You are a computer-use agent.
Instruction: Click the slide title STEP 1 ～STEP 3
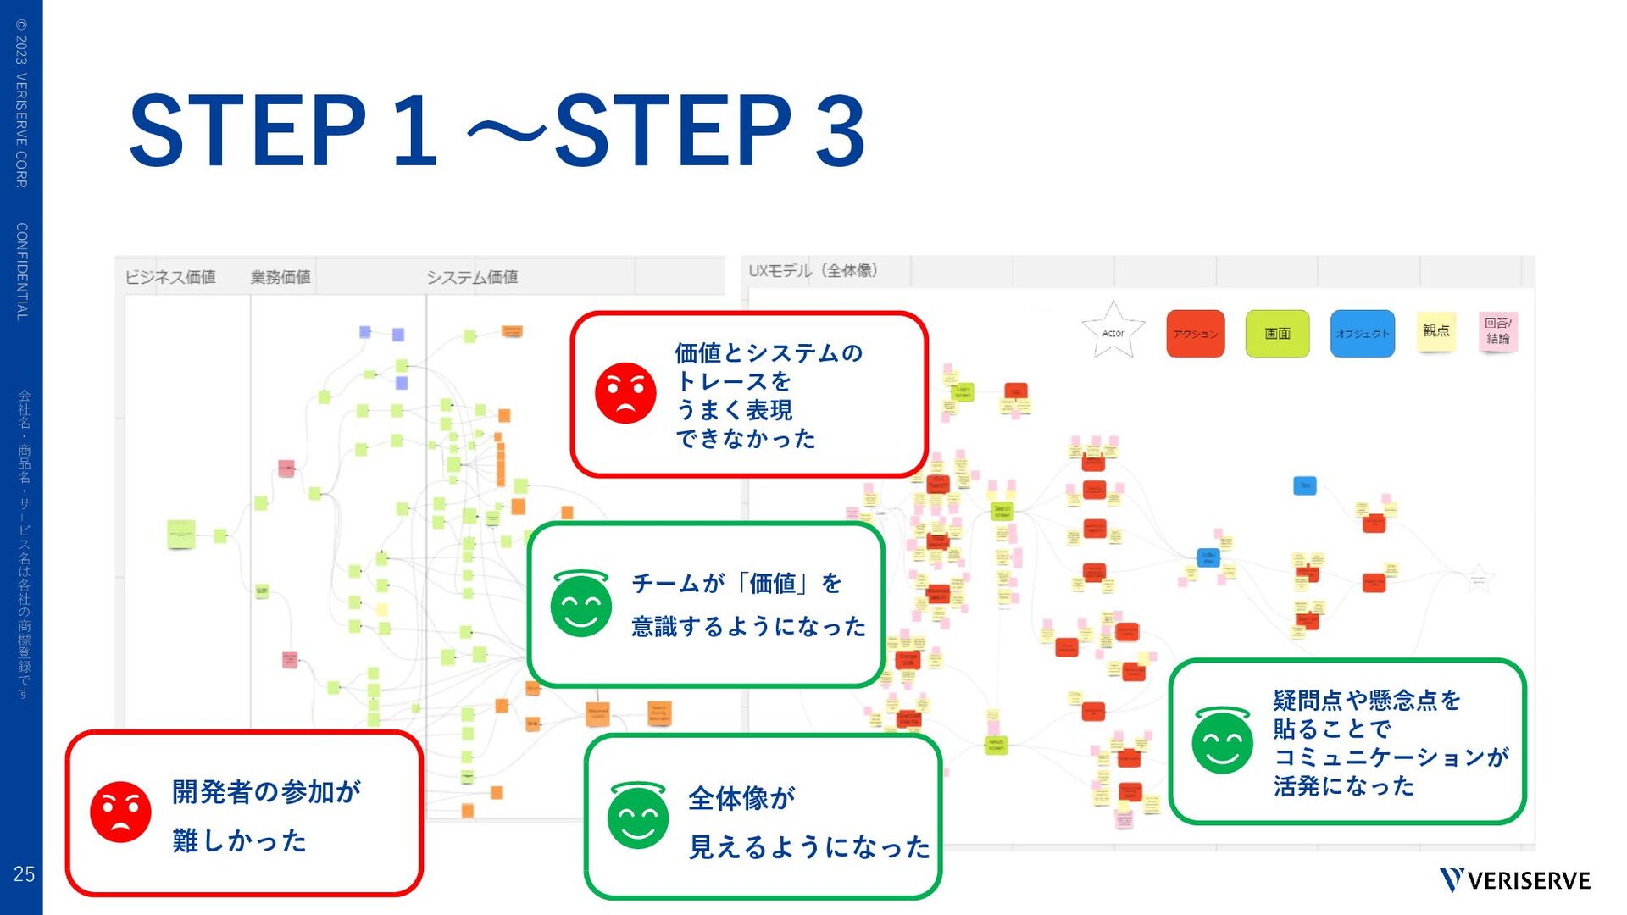[497, 131]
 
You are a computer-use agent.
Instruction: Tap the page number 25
[24, 873]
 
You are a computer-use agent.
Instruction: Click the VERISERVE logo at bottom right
[1515, 880]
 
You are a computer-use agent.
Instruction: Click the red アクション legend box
[1195, 334]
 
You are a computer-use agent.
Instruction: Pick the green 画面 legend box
[1277, 334]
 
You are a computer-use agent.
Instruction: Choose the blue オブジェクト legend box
[1362, 334]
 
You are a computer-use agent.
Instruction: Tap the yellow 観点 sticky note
[1435, 330]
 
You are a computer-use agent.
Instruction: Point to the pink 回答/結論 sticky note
[1497, 330]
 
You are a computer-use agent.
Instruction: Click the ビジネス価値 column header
[170, 277]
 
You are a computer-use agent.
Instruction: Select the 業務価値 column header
[280, 277]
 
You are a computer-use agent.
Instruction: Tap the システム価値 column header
[472, 277]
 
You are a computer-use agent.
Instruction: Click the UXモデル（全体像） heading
[813, 270]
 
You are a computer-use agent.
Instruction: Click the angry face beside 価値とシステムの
[625, 393]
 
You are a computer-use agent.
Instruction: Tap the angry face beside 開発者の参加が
[120, 812]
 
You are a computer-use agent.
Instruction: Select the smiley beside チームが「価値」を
[580, 603]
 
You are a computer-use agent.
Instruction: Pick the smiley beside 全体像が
[638, 815]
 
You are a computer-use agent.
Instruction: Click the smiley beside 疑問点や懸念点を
[1222, 740]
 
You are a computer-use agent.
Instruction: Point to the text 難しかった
[239, 840]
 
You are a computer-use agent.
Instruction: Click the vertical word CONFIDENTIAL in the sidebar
[22, 271]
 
